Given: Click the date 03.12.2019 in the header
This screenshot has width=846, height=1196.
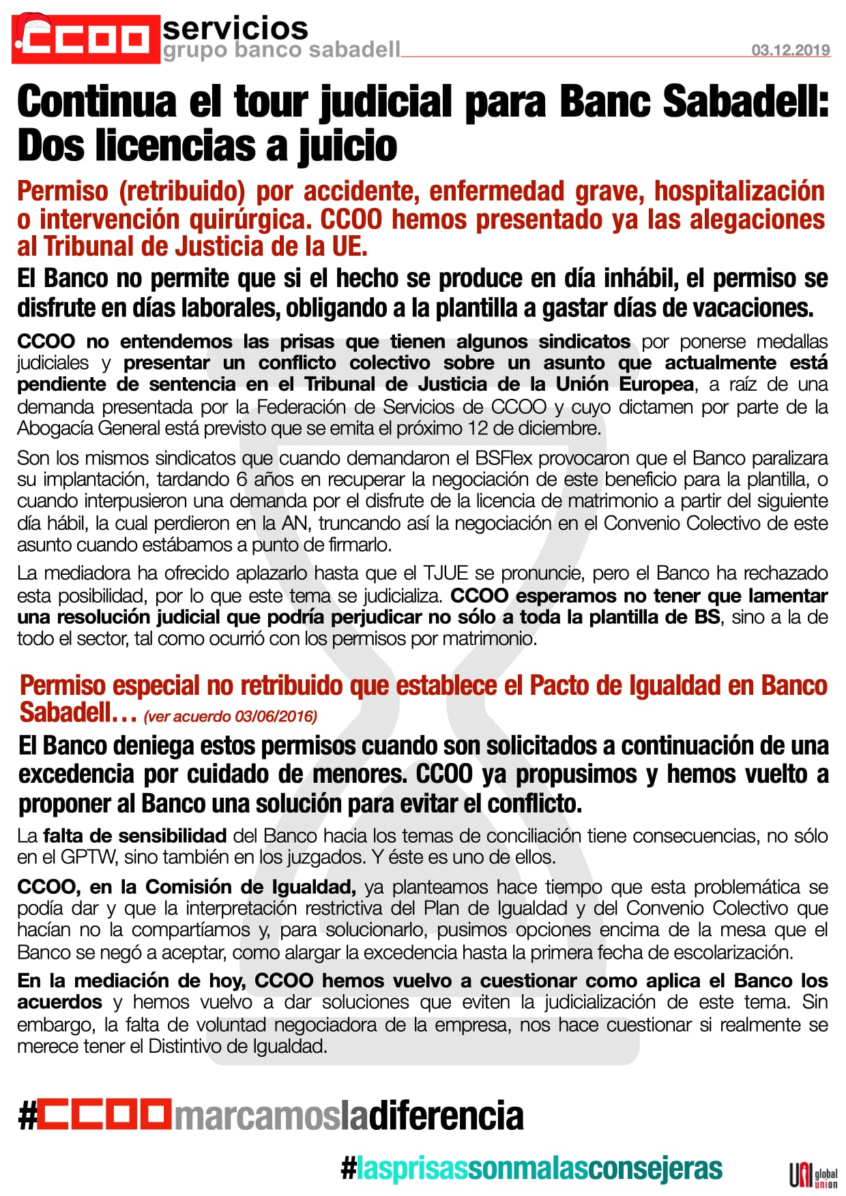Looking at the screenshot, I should click(x=791, y=50).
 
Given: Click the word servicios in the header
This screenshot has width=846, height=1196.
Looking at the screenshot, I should click(x=235, y=28).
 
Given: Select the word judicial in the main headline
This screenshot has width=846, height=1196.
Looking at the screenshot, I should click(x=386, y=102).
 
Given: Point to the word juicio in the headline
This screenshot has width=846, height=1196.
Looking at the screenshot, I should click(x=347, y=147).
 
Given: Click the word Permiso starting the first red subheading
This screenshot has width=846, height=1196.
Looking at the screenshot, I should click(x=63, y=192).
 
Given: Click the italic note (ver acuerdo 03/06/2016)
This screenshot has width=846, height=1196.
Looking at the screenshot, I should click(x=231, y=717).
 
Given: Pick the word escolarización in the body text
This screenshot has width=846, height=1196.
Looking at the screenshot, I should click(x=741, y=952).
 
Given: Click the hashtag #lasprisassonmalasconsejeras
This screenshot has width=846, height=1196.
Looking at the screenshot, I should click(x=531, y=1168).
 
